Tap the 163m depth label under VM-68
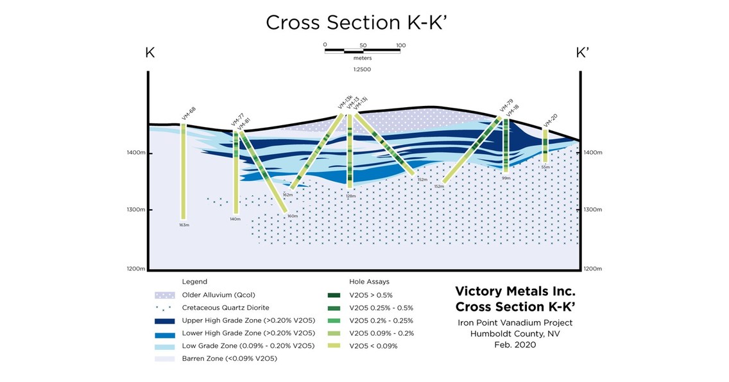click(x=184, y=225)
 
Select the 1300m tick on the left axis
click(x=137, y=210)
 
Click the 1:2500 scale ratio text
click(x=362, y=69)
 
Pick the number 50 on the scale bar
click(x=363, y=46)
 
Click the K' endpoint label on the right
click(x=582, y=53)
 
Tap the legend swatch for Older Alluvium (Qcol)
click(x=166, y=295)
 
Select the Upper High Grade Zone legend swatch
click(x=166, y=320)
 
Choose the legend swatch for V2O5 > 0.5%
click(x=332, y=295)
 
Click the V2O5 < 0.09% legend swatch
click(x=332, y=346)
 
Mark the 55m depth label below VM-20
click(x=545, y=167)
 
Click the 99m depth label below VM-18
click(x=506, y=178)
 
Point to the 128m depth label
click(x=350, y=196)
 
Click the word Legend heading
click(x=194, y=281)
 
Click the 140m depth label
click(x=235, y=219)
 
